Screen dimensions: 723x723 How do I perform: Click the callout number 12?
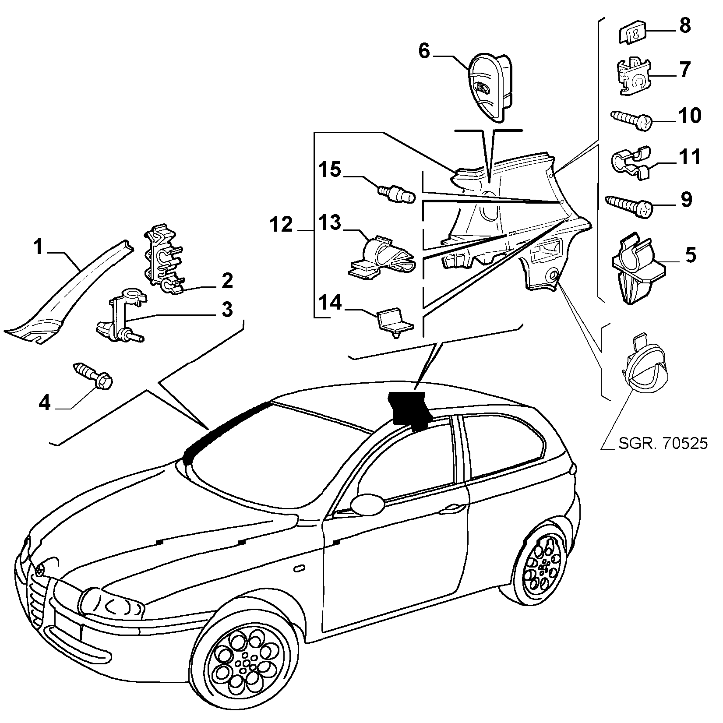[281, 225]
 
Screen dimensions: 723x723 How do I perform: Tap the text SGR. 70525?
[663, 444]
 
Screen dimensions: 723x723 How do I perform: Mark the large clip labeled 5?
[636, 268]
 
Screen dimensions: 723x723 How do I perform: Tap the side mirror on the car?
[367, 504]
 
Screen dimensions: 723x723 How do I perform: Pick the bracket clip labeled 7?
[634, 77]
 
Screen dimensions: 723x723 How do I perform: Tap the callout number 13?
[329, 223]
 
